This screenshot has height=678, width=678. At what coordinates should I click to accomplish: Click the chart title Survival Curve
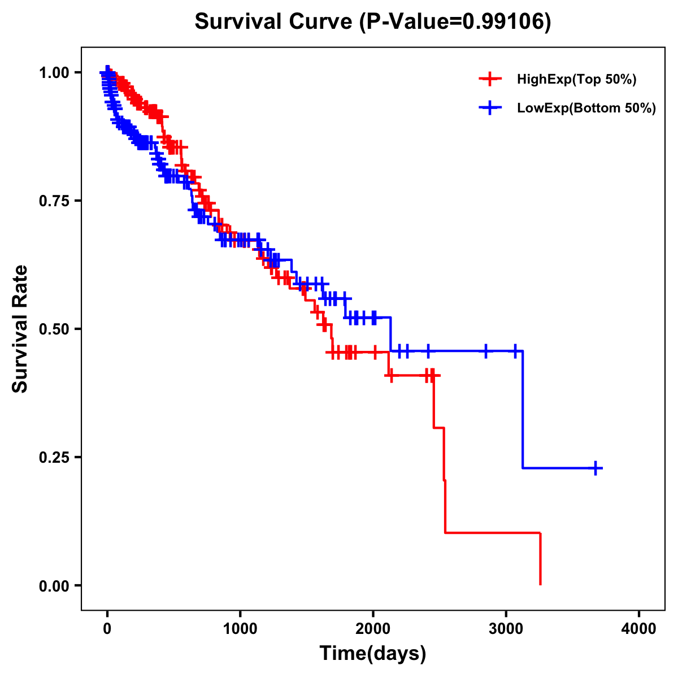[275, 22]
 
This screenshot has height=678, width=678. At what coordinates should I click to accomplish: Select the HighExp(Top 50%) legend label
[577, 80]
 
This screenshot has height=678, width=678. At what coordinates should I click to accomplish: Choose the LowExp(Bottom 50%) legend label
[586, 108]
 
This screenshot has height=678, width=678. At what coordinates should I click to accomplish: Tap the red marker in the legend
[490, 79]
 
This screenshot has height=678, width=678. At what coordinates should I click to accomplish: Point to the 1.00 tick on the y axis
[54, 72]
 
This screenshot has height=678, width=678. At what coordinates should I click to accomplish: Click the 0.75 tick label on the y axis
[54, 201]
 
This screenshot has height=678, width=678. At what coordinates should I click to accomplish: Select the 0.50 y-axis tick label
[54, 329]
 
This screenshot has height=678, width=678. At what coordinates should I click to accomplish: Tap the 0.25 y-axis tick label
[54, 457]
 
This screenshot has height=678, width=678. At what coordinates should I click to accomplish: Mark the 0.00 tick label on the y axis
[54, 586]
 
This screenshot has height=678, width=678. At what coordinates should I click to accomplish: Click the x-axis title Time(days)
[373, 654]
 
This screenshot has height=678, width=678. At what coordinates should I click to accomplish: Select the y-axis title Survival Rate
[20, 329]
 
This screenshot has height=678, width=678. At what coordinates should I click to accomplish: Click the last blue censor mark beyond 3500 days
[596, 468]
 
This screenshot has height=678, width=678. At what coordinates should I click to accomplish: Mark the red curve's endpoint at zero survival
[541, 584]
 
